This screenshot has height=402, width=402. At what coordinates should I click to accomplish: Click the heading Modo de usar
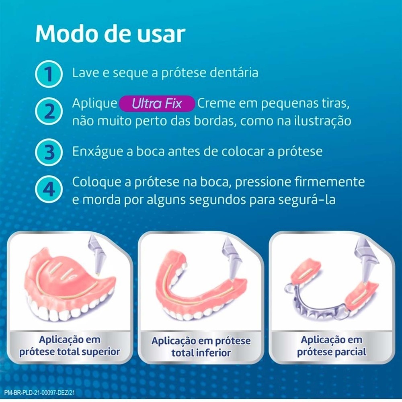[110, 34]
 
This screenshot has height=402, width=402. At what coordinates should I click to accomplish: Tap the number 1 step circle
[49, 74]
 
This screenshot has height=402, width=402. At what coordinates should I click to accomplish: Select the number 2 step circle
[49, 111]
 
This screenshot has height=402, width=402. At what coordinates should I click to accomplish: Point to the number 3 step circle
[49, 152]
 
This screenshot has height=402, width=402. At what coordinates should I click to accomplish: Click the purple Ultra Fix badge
[157, 104]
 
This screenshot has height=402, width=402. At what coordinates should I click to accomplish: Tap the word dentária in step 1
[234, 72]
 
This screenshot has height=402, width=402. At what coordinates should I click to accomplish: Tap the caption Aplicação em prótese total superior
[70, 346]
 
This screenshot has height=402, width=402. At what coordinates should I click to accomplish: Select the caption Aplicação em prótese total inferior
[201, 347]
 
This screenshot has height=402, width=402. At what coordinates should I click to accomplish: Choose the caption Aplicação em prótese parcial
[332, 346]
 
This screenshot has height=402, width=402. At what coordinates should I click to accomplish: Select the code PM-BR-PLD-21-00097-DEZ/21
[39, 392]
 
